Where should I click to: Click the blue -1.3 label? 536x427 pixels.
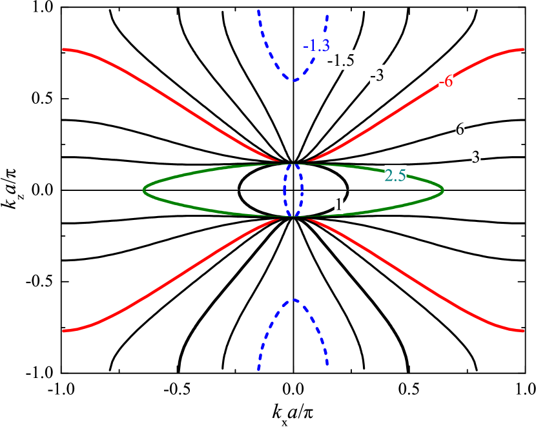[316, 45]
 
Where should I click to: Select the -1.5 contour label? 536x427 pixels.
[341, 61]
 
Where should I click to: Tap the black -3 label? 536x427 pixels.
[377, 75]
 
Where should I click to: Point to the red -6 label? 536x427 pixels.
[446, 81]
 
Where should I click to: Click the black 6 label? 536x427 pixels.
[460, 129]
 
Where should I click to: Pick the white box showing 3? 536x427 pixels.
[476, 157]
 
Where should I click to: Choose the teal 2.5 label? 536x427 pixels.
[395, 175]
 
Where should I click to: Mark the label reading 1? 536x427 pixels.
[338, 204]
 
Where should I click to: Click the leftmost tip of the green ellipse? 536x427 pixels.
[144, 190]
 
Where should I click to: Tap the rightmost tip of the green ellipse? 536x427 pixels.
[442, 190]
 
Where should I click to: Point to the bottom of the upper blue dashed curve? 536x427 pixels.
[294, 81]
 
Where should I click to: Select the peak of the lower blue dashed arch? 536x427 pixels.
[294, 300]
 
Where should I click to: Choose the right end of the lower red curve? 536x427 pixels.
[522, 331]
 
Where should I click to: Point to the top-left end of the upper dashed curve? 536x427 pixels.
[258, 11]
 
